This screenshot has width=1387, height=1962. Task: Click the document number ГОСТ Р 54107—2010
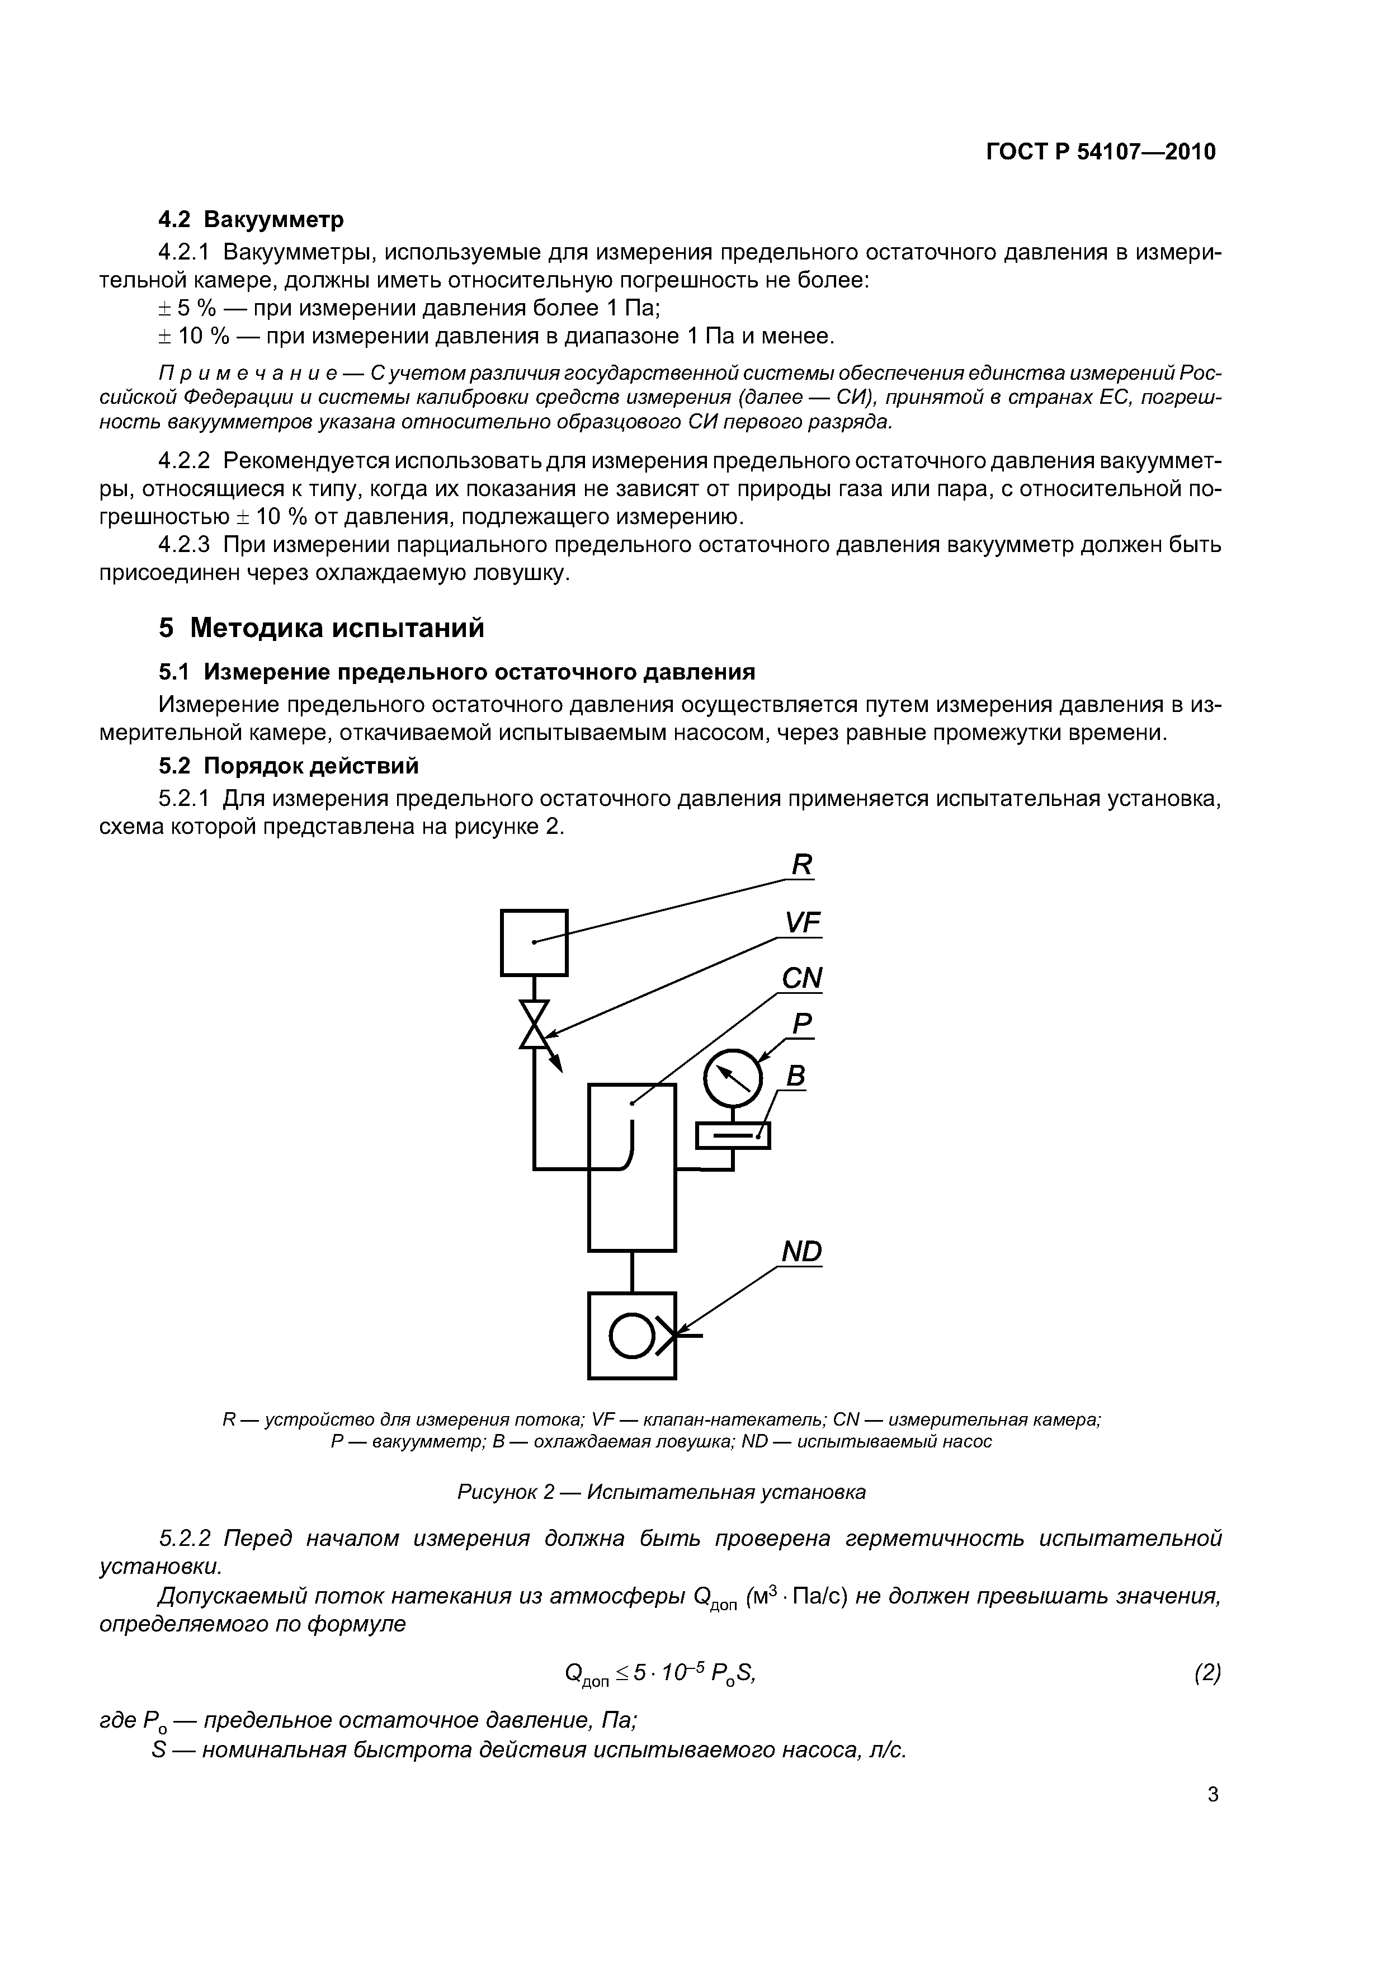coord(1101,152)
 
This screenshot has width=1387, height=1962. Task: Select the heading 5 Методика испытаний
coord(322,628)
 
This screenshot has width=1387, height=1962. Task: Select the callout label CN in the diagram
coord(801,978)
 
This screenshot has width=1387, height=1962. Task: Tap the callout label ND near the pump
coord(801,1252)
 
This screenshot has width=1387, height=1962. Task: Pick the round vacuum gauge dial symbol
coord(733,1078)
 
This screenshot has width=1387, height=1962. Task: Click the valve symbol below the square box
coord(535,1025)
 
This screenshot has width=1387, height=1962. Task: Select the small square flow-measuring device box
coord(534,942)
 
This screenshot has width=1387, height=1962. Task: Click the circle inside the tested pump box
coord(633,1335)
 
